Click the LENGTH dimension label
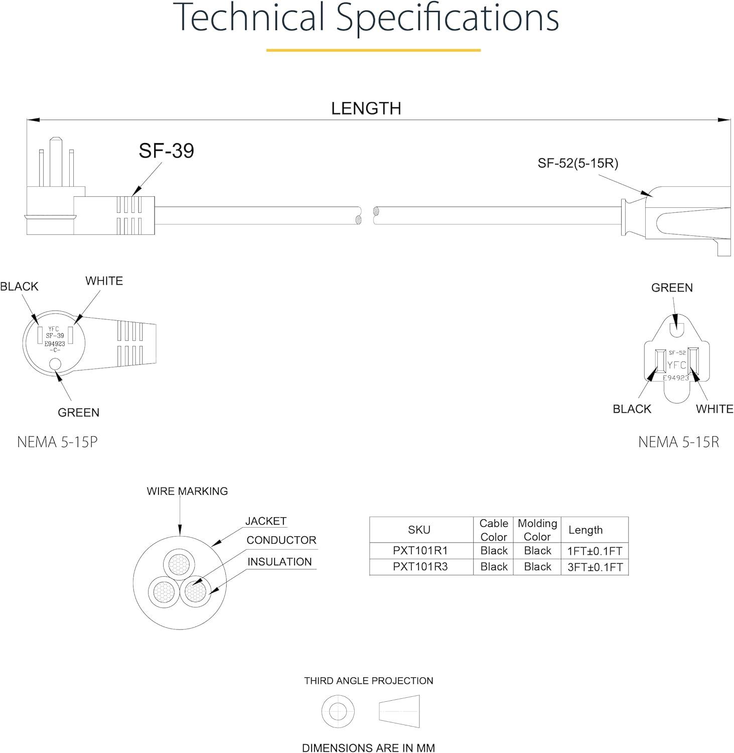(366, 108)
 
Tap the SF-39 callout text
(166, 151)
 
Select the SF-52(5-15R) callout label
(578, 163)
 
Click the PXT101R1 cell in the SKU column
(420, 551)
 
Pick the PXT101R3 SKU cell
(420, 567)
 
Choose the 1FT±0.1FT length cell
(595, 551)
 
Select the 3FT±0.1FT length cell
(595, 567)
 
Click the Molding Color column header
(537, 530)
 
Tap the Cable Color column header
(494, 530)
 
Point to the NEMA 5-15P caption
(57, 442)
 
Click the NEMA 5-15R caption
(678, 442)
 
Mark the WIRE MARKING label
(187, 491)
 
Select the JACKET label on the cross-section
(265, 521)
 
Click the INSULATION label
(279, 562)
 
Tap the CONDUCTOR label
(281, 540)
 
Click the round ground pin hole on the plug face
(55, 364)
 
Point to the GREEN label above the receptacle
(672, 288)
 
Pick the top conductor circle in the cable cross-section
(180, 564)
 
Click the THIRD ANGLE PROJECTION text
(368, 681)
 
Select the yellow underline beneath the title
(373, 50)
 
